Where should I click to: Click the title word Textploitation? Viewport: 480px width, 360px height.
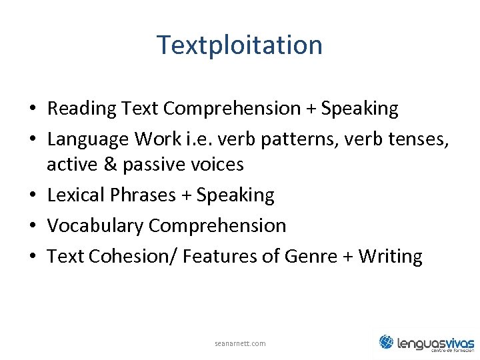pyautogui.click(x=239, y=45)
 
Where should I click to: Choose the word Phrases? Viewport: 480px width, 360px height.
pyautogui.click(x=135, y=195)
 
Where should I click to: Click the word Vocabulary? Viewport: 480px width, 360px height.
pyautogui.click(x=95, y=226)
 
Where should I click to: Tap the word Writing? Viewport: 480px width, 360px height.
pyautogui.click(x=390, y=257)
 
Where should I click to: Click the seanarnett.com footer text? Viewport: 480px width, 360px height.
pyautogui.click(x=240, y=343)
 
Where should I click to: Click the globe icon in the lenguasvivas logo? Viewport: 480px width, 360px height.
pyautogui.click(x=387, y=341)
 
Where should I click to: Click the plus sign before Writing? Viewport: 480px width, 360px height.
pyautogui.click(x=347, y=257)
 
